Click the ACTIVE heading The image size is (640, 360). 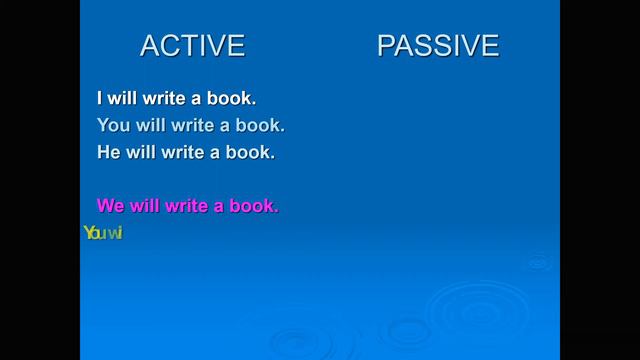pyautogui.click(x=192, y=46)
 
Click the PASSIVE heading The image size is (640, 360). pyautogui.click(x=437, y=46)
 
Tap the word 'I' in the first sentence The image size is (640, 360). pyautogui.click(x=100, y=99)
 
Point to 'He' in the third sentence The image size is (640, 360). pyautogui.click(x=109, y=153)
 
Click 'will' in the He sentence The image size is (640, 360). pyautogui.click(x=143, y=153)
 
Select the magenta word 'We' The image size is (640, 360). pyautogui.click(x=110, y=206)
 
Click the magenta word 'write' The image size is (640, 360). pyautogui.click(x=187, y=206)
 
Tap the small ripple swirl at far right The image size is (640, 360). pyautogui.click(x=539, y=262)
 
